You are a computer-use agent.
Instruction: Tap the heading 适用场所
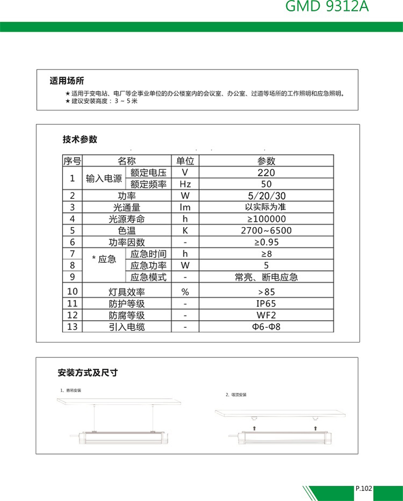[66, 81]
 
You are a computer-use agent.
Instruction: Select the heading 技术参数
[80, 139]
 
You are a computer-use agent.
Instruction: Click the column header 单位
[185, 161]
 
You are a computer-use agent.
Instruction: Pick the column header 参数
[266, 161]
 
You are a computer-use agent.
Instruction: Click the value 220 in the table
[266, 172]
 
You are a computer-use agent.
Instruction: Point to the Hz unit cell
[185, 184]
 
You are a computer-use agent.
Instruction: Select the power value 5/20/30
[266, 195]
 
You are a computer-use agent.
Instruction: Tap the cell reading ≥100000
[266, 219]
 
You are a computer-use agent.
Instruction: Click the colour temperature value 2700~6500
[266, 231]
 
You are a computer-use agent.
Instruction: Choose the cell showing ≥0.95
[266, 242]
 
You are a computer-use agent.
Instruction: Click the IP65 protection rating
[266, 304]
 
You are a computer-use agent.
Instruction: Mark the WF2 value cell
[266, 316]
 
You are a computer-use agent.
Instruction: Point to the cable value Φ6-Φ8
[266, 327]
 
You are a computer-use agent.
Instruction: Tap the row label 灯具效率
[127, 292]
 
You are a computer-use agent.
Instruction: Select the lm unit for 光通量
[185, 207]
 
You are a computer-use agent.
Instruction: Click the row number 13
[73, 327]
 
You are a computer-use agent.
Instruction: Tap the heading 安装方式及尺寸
[88, 373]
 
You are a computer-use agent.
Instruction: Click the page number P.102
[363, 488]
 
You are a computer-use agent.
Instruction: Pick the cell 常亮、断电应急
[266, 277]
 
